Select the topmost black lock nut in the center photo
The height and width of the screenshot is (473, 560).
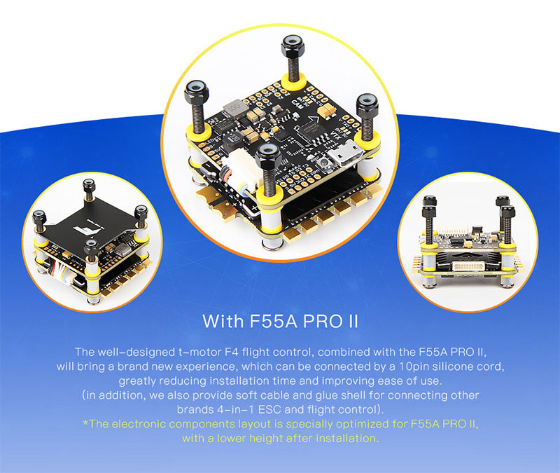coord(293,46)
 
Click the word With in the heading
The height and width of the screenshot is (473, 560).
coord(223,321)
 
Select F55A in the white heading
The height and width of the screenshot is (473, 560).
coord(273,321)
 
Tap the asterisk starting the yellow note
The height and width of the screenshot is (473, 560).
coord(85,423)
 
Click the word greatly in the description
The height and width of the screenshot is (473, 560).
coord(137,381)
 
